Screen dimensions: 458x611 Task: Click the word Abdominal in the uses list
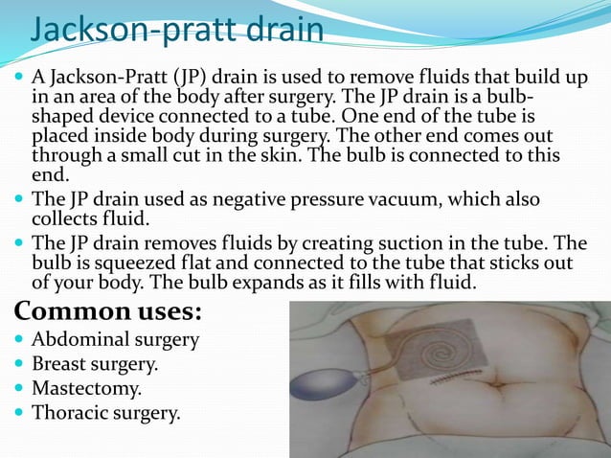click(79, 339)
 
